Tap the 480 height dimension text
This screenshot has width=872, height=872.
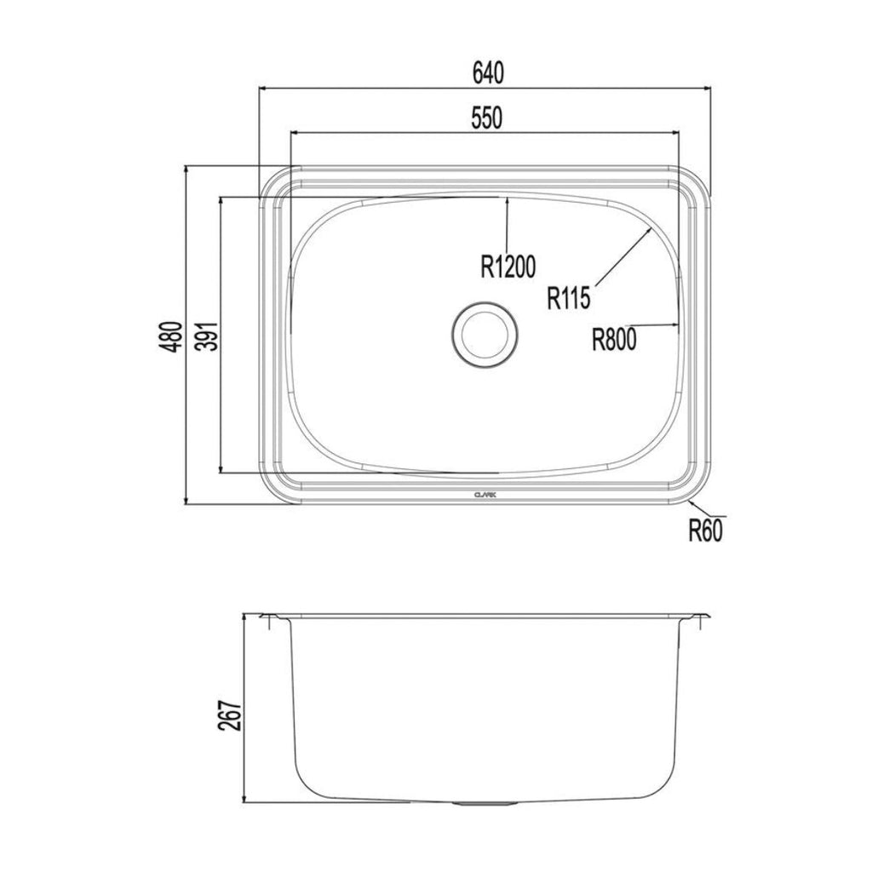[x=173, y=336]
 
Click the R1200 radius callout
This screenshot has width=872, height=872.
[x=508, y=268]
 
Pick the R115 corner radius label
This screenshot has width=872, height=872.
[x=570, y=298]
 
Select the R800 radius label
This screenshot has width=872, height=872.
[x=614, y=341]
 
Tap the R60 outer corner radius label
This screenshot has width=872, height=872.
[x=706, y=531]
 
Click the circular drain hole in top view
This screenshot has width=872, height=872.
[x=485, y=334]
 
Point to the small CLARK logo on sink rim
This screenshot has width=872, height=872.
[x=485, y=492]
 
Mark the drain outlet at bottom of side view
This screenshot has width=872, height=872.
[x=485, y=804]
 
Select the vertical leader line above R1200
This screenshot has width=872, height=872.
[x=507, y=223]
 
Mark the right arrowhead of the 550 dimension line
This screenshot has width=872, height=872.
[x=675, y=132]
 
